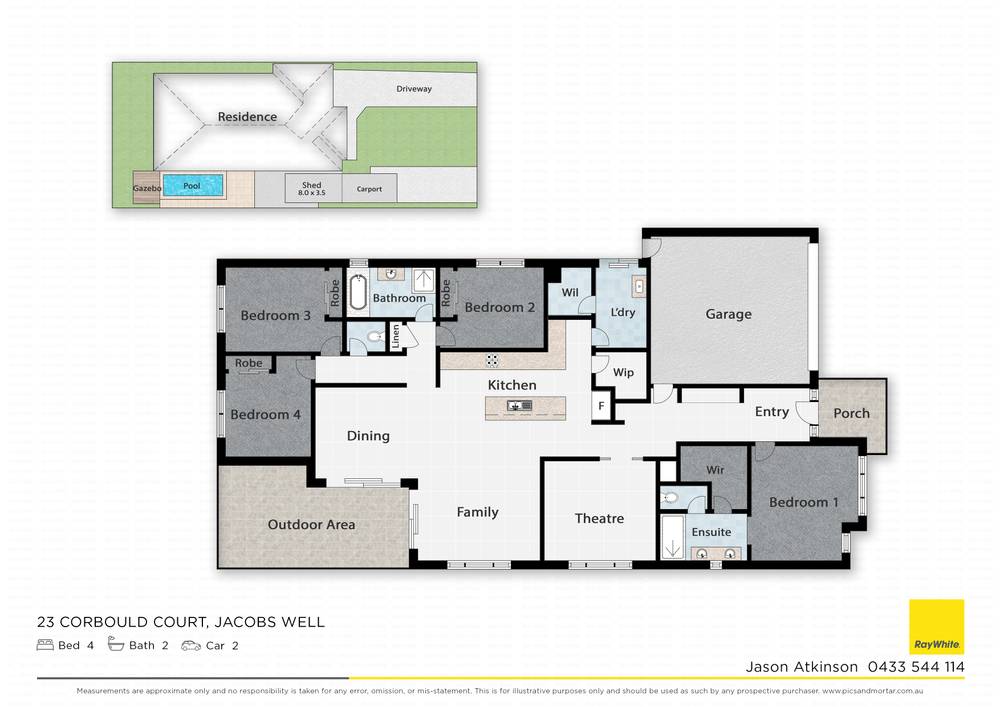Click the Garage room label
[728, 314]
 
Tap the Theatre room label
[599, 518]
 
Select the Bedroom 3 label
[275, 316]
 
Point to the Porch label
[851, 413]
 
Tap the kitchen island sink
[519, 405]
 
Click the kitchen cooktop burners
[492, 360]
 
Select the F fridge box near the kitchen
[601, 406]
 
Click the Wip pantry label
[623, 373]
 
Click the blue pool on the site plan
[192, 185]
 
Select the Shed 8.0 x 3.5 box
[311, 187]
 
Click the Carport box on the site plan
[369, 188]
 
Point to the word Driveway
[414, 89]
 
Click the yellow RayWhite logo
[936, 627]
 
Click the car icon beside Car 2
[190, 645]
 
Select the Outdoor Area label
[311, 524]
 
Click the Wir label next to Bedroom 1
[715, 470]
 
